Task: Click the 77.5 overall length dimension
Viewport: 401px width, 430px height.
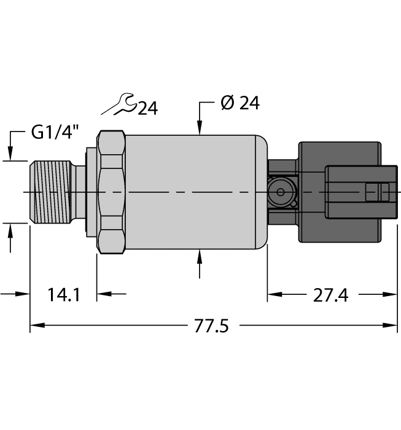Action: [211, 326]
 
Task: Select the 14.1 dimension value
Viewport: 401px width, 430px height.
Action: [63, 295]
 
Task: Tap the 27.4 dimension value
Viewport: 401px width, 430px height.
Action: [330, 295]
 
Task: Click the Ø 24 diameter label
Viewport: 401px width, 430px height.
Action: [239, 104]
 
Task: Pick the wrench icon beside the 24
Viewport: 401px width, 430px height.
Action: [118, 105]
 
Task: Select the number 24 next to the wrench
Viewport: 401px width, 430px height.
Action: [147, 109]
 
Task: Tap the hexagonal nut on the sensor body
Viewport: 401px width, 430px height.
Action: [111, 193]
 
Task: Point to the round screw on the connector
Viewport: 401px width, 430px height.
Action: [281, 192]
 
